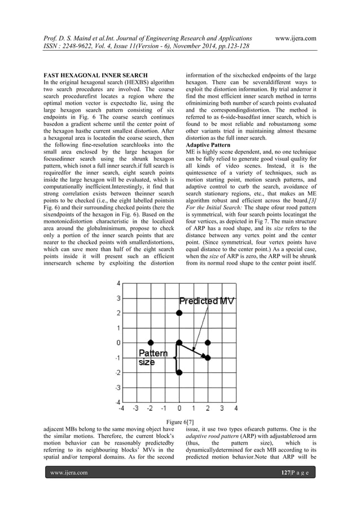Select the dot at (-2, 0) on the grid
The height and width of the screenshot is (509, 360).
click(151, 343)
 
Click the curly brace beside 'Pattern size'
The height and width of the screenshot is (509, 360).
click(175, 357)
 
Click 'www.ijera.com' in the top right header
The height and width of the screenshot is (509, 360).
click(293, 38)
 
